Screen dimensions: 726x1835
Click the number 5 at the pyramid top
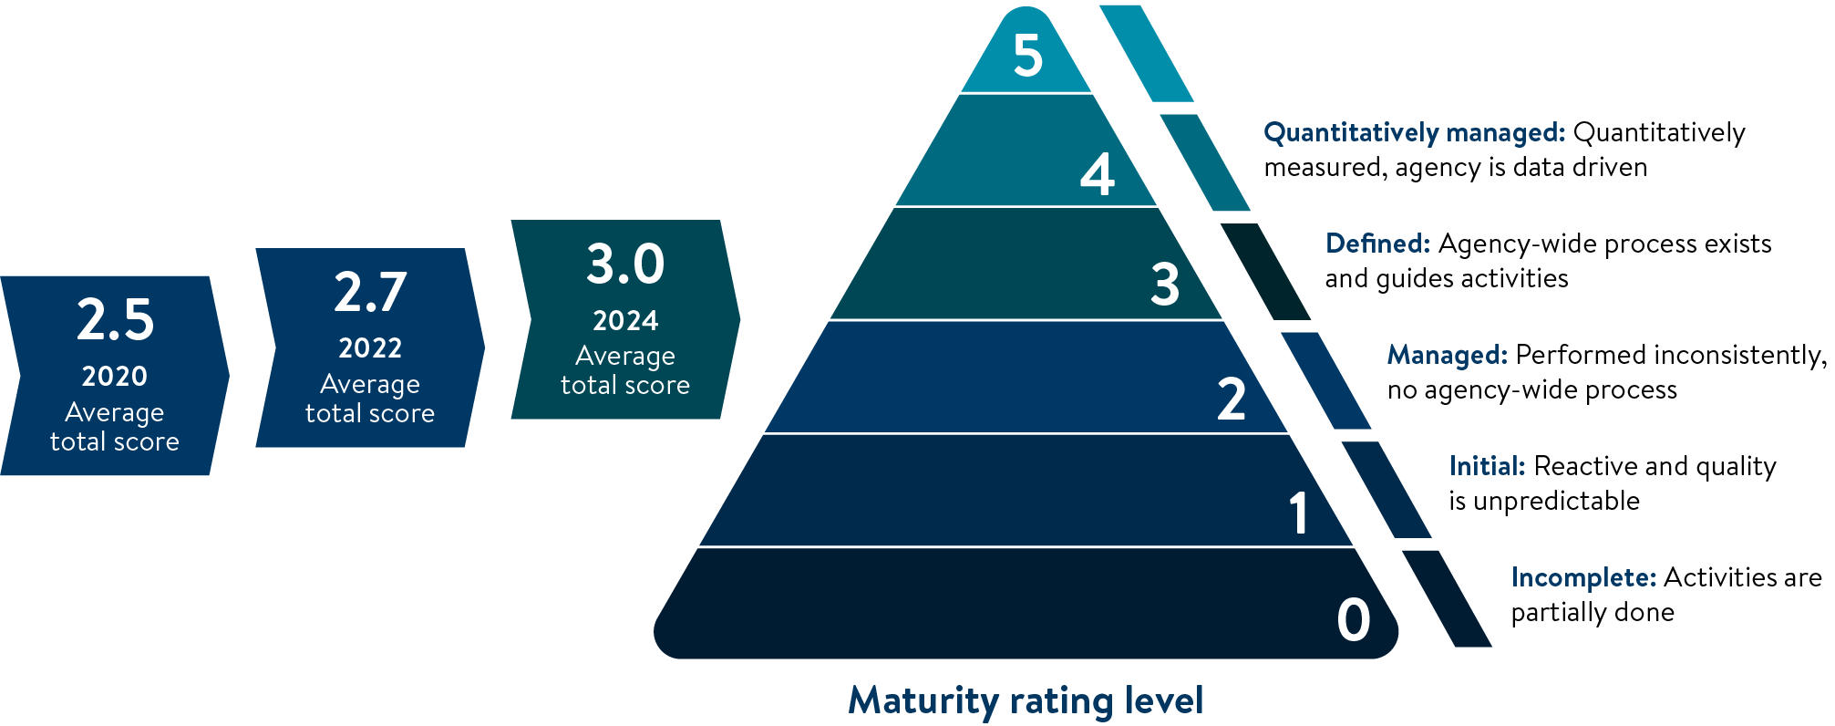point(1027,56)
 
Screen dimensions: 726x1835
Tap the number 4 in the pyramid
point(1097,173)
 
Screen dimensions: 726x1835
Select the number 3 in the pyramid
point(1165,284)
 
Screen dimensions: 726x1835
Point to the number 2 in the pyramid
point(1231,399)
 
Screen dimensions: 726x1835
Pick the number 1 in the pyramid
point(1299,512)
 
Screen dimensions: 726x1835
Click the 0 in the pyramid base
point(1354,620)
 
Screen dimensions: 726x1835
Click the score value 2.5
point(115,320)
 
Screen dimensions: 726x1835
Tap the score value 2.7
point(370,292)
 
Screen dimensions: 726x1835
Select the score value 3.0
point(625,264)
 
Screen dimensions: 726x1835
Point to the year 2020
point(115,376)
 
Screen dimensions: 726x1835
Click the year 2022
point(370,348)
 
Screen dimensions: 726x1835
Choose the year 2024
point(625,321)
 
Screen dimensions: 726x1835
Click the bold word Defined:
point(1377,244)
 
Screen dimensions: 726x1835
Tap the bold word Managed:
point(1447,355)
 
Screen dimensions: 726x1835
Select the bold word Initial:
point(1487,466)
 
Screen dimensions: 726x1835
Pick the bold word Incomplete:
point(1583,577)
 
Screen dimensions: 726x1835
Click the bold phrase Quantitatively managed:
point(1414,133)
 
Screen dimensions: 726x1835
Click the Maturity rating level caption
point(1026,700)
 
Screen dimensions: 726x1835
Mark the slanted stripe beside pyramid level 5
point(1146,53)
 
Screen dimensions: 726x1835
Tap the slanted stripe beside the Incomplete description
point(1447,598)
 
